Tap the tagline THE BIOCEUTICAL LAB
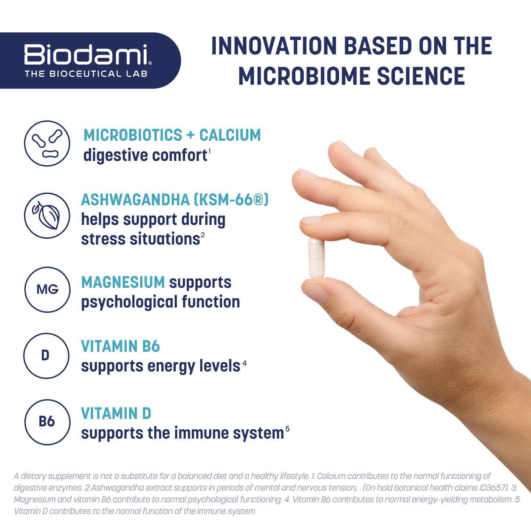coord(86,74)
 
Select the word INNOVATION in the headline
coord(274,46)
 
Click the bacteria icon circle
coord(47,143)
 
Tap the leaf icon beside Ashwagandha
coord(47,215)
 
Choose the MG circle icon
coord(47,290)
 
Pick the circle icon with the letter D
coord(46,356)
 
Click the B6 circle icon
coord(47,422)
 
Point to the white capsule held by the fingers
coord(316,258)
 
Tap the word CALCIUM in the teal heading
coord(230,135)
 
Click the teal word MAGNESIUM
coord(123,282)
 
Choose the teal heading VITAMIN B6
coord(121,346)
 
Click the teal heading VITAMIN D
coord(116,413)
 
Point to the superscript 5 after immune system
coord(287,429)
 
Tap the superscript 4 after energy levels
coord(244,363)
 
